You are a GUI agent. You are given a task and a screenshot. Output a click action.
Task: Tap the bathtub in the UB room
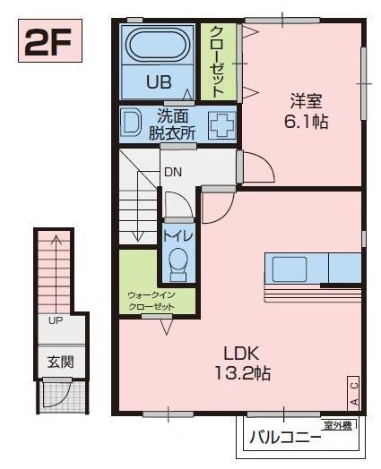pos(157,46)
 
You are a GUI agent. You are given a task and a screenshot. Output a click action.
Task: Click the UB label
pos(158,83)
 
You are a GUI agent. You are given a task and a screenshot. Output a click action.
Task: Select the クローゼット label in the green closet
pos(218,61)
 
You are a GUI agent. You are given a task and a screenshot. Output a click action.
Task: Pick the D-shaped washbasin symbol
pos(133,123)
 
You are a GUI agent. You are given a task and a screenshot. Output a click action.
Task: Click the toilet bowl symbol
pos(177,261)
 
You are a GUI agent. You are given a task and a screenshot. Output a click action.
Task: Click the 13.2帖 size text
pos(238,372)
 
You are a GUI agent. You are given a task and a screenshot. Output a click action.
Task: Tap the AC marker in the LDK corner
pos(354,391)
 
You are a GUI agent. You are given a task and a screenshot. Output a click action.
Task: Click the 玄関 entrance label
pos(62,362)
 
